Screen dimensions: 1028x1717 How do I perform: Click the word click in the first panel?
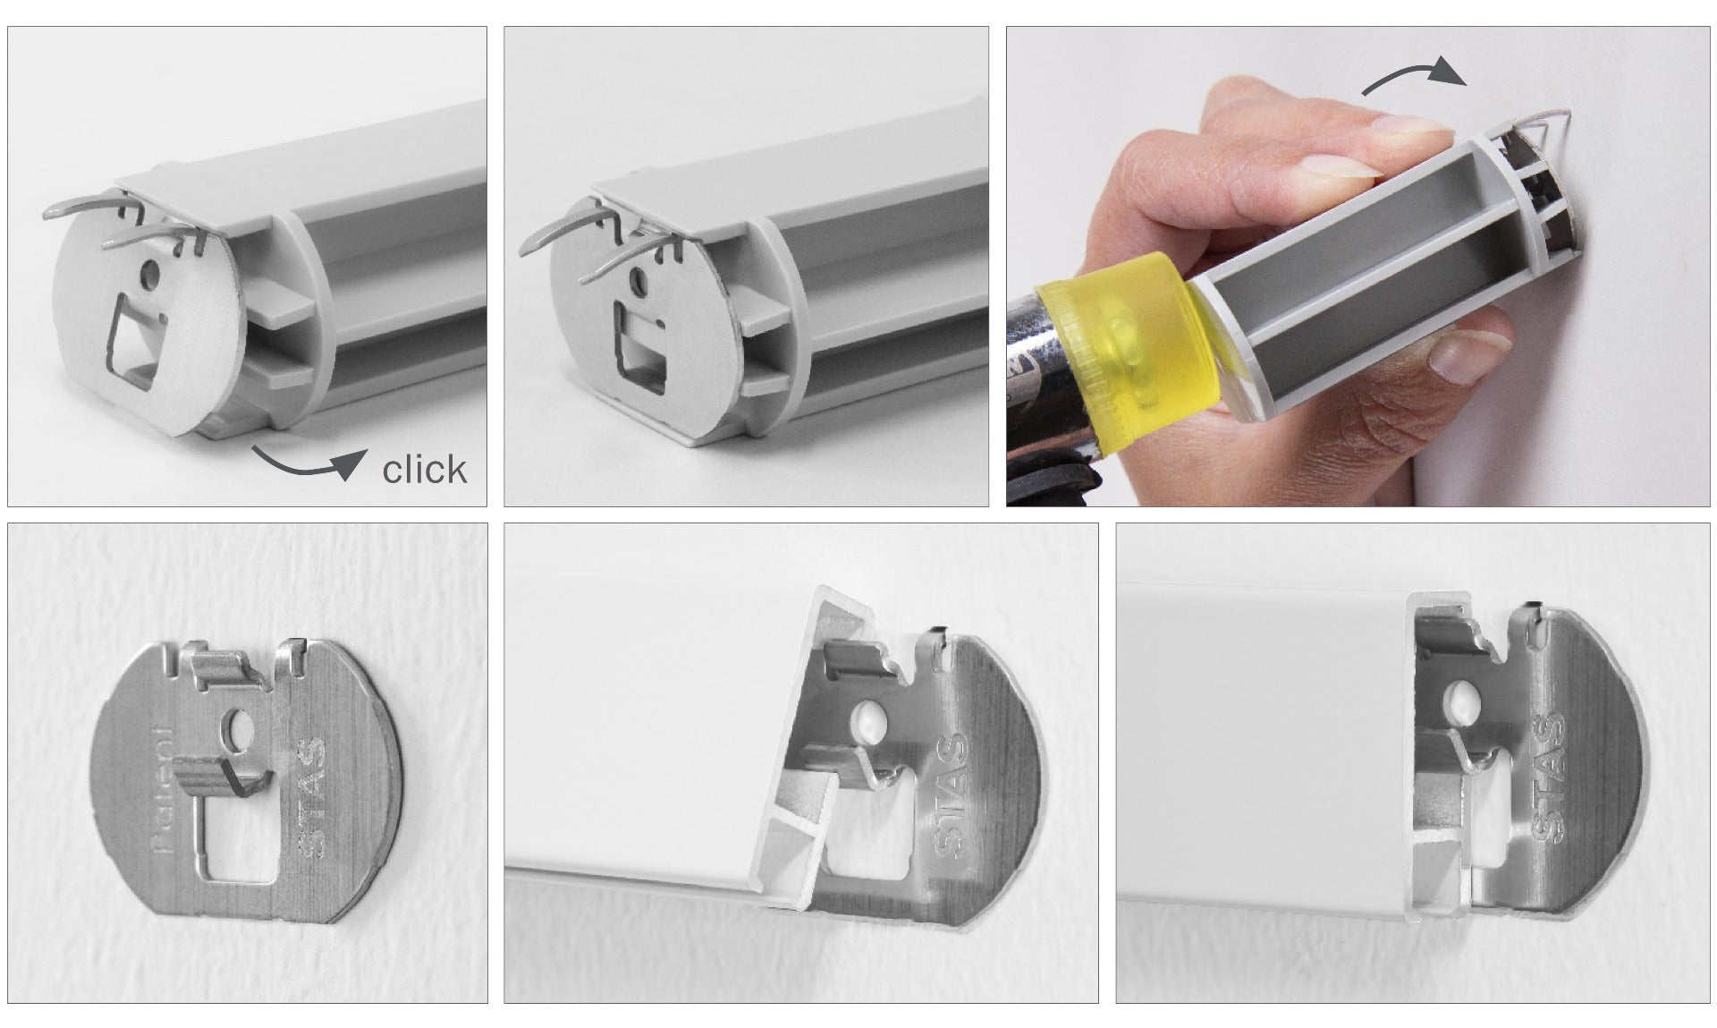(x=424, y=470)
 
